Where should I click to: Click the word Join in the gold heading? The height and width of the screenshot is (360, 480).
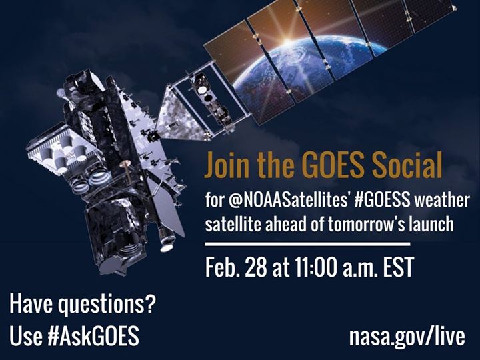coord(227,165)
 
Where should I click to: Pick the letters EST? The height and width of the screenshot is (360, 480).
coord(393,267)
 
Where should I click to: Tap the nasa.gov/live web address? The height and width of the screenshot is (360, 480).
coord(407,335)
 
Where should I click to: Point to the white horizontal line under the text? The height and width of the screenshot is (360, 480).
coord(307,245)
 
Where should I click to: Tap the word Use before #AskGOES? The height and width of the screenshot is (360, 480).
coord(25,335)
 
